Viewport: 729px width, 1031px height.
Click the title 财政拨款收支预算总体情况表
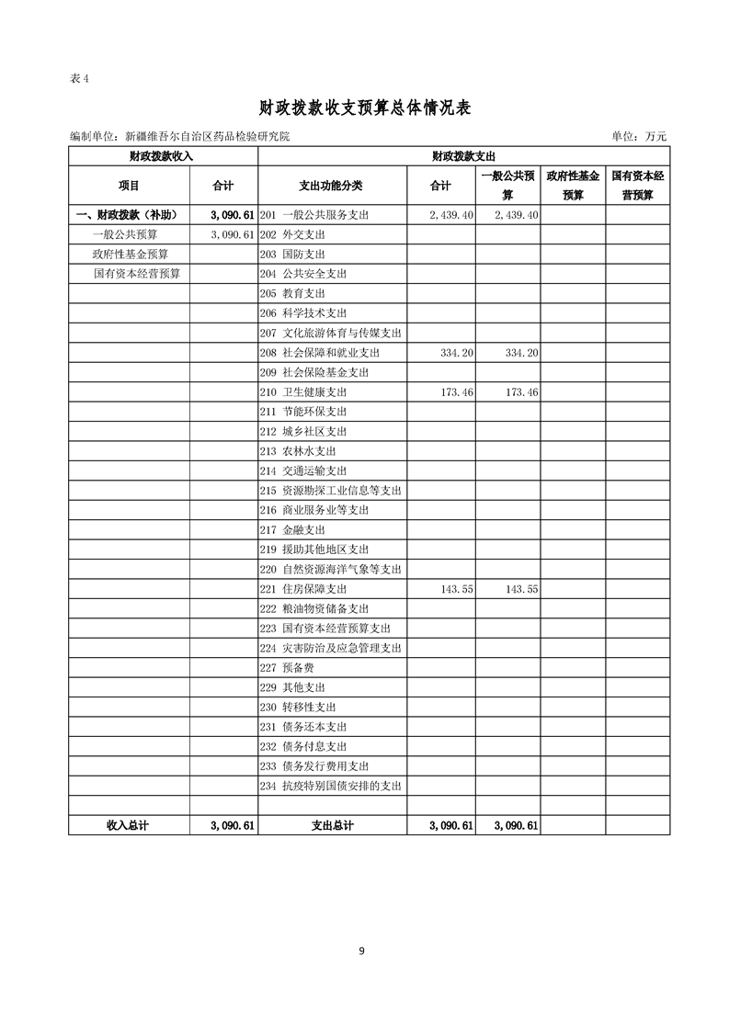[364, 108]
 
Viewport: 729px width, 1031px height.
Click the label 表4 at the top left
[79, 78]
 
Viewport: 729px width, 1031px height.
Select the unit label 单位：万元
[638, 136]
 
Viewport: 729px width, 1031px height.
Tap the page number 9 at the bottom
[361, 951]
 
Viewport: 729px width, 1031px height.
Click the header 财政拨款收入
[162, 156]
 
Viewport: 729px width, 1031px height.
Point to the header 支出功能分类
[332, 186]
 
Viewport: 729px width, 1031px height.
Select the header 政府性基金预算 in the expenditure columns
[573, 185]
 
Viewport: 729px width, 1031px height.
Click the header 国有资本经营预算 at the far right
[637, 185]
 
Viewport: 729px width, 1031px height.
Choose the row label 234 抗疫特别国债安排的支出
[331, 786]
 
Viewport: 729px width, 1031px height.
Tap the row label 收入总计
[128, 826]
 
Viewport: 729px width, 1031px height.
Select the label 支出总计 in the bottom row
[332, 826]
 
